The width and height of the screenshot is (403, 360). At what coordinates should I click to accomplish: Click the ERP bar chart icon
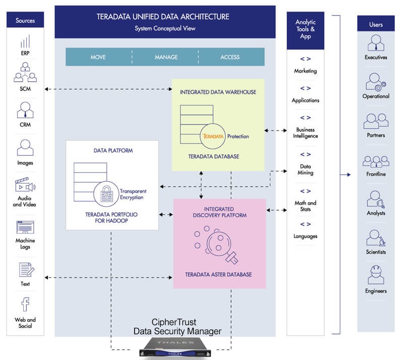click(25, 41)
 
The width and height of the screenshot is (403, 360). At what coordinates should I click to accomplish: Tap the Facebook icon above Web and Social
click(25, 305)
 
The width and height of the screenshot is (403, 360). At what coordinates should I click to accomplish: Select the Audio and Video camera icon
click(25, 185)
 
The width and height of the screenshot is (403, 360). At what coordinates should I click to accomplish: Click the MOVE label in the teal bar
click(98, 57)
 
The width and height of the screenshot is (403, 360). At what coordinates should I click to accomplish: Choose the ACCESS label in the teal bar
click(230, 57)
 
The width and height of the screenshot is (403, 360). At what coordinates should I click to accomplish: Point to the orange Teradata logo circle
click(213, 136)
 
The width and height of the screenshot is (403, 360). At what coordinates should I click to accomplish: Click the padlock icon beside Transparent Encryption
click(106, 194)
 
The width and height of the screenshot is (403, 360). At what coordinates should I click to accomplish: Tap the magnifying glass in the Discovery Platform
click(221, 245)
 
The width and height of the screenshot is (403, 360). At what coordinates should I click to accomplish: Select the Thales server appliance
click(175, 347)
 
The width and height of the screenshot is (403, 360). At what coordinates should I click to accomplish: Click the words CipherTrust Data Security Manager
click(177, 327)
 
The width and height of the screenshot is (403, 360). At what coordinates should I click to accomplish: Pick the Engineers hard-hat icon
click(376, 275)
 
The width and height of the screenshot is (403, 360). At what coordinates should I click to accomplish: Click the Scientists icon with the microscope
click(376, 238)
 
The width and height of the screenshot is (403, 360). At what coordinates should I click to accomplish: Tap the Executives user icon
click(376, 43)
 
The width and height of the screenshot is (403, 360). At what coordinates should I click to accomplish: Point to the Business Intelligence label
click(305, 133)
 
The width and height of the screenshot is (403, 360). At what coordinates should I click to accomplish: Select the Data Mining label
click(305, 169)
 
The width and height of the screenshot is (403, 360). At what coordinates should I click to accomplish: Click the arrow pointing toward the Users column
click(346, 174)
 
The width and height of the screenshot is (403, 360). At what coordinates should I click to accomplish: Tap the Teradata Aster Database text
click(219, 275)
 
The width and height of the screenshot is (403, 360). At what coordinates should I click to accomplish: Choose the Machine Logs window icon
click(25, 227)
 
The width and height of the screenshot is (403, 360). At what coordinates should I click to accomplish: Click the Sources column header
click(25, 20)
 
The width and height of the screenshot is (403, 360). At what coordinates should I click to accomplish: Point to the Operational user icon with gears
click(376, 82)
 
